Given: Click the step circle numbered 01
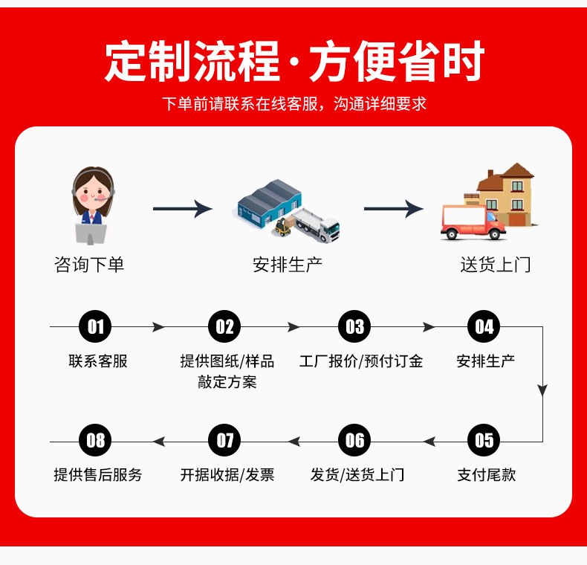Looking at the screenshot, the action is [x=95, y=327].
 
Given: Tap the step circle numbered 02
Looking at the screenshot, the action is [x=225, y=327].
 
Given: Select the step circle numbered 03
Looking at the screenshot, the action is [x=354, y=327].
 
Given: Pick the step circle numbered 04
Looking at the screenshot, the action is [x=484, y=327].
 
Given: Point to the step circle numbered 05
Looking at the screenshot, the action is [x=484, y=441].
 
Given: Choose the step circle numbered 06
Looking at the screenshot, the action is [x=354, y=441].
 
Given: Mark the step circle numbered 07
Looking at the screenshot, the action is [x=225, y=441].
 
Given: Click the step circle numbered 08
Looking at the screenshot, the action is [x=95, y=441].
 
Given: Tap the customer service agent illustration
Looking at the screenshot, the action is [x=92, y=206].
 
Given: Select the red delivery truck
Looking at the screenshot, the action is [x=472, y=222].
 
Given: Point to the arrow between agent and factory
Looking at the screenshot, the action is [x=183, y=209].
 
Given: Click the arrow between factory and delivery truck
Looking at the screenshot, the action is [x=394, y=209].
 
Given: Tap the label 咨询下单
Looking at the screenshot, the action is [x=89, y=265].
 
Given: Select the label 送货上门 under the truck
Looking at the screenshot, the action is [x=496, y=265].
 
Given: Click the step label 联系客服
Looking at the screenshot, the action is [x=98, y=361].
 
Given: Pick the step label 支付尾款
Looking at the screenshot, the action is [x=486, y=475].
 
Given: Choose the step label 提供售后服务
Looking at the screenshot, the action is [x=98, y=475].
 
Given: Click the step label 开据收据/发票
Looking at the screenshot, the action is [x=227, y=475].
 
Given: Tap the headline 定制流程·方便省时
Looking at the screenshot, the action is [x=293, y=62].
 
